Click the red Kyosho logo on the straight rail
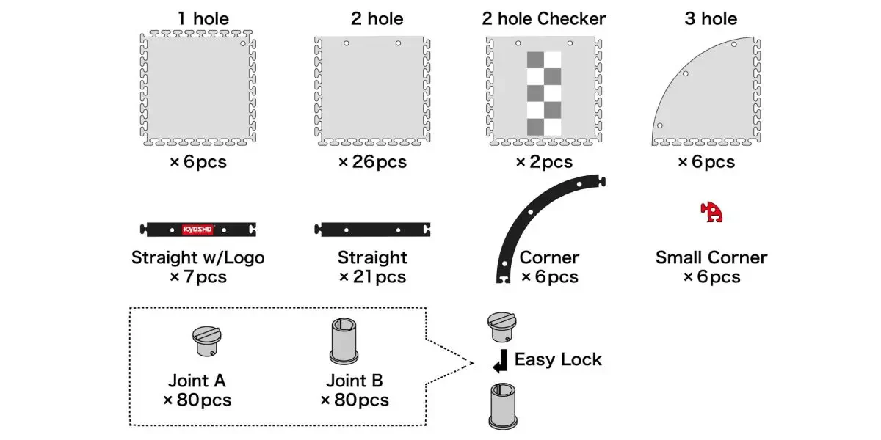coord(197,230)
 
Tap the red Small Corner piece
coord(711,212)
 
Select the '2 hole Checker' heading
coord(544,18)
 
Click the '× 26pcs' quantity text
coord(372,162)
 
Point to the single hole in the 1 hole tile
coord(243,43)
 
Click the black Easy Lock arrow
coord(500,361)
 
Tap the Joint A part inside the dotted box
coord(207,341)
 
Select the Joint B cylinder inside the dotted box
coord(344,341)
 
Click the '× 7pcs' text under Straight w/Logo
coord(198,277)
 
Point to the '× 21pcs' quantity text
coord(372,277)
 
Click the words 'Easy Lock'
coord(558,359)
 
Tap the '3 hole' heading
coord(711,18)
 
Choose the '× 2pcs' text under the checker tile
coord(544,162)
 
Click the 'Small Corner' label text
coord(711,257)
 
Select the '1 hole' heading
coord(203,18)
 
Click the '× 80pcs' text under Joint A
coord(197,400)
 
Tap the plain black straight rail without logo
coord(372,230)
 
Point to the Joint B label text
coord(355,381)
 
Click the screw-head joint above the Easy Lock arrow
coord(502,327)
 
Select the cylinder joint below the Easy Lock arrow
coord(503,406)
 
